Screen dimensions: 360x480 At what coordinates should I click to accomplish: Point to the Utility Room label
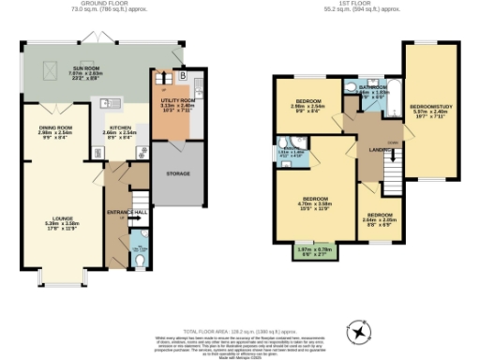coord(176,102)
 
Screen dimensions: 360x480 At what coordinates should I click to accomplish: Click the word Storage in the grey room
coord(178,174)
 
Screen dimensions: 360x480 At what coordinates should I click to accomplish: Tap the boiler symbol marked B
coord(184,74)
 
